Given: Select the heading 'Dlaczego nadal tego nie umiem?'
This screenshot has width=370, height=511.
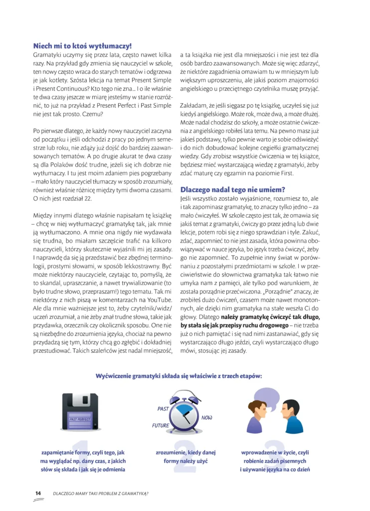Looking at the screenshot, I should click(232, 190).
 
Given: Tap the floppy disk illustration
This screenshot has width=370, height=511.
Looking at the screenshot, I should click(80, 414).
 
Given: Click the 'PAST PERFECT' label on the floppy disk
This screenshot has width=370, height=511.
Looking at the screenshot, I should click(80, 419).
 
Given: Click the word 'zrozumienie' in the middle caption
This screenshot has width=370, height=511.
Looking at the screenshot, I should click(171, 452).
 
